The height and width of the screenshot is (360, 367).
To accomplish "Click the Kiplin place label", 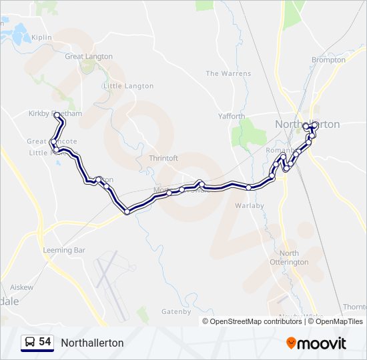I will point(41,38).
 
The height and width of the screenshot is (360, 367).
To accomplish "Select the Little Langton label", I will point(128,86).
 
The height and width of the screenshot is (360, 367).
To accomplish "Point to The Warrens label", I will point(228,73).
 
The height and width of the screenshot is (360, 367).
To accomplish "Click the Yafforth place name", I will point(232,116).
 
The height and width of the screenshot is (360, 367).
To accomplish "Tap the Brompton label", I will point(328,59).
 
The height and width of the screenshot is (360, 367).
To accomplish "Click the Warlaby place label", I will point(250,205).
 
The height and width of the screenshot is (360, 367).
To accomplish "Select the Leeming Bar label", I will point(64,250).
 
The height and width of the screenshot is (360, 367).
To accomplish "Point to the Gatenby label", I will point(176,311).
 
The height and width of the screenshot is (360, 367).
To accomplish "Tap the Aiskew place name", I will point(21,287).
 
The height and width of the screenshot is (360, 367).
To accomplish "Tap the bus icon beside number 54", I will point(30,342).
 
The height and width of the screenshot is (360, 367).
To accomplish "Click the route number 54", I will point(45,342).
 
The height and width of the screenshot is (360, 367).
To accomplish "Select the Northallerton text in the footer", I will point(92,343).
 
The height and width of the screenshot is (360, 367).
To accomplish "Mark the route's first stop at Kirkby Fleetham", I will point(58,115).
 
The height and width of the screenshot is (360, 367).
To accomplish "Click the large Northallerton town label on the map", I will point(308,124).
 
